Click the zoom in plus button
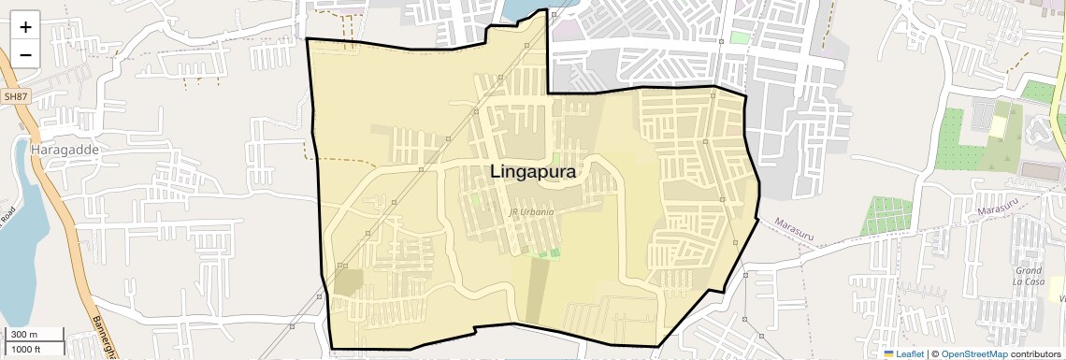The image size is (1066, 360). (25, 27)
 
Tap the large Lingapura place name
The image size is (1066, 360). (533, 172)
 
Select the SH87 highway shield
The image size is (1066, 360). (15, 96)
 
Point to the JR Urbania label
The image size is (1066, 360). (531, 212)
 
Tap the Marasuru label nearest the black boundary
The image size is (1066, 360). (796, 228)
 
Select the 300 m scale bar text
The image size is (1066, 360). (24, 335)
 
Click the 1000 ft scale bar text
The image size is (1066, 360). (26, 349)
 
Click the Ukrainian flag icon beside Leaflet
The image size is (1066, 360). (888, 353)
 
